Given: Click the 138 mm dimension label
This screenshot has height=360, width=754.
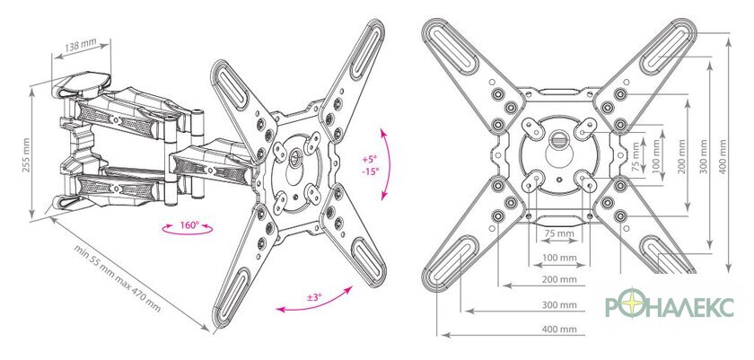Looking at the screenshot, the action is point(80,47).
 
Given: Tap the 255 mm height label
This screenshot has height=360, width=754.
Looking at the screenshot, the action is point(26,155).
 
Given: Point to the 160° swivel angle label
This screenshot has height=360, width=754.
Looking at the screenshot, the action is point(189,225).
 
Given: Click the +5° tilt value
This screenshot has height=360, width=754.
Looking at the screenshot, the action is point(370,159).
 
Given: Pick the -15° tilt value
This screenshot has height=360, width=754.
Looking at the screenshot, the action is point(371,171).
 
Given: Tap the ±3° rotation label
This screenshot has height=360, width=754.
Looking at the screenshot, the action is point(314,297).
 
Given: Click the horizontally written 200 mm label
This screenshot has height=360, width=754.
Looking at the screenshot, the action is point(559,279).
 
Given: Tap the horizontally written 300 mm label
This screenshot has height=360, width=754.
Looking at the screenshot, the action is point(559,305).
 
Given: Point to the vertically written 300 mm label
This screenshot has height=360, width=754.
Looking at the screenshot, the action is point(704,156).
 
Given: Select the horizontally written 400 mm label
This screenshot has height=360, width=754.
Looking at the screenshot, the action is point(559,329).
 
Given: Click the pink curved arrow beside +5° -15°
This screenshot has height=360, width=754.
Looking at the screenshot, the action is point(389,163).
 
